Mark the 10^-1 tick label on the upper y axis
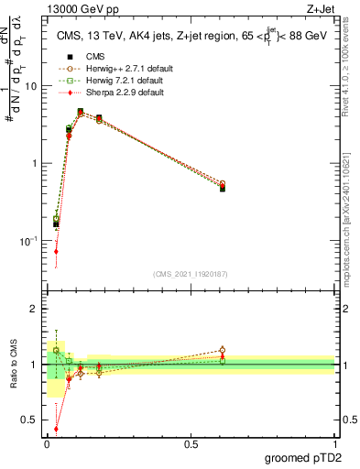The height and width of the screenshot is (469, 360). pos(29,241)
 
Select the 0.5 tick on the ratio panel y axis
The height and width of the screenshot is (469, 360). pos(30,421)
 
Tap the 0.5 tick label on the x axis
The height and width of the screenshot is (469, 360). pos(191,444)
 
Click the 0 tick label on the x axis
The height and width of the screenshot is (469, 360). pos(47,444)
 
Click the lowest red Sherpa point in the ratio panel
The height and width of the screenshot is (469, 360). pos(57,428)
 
